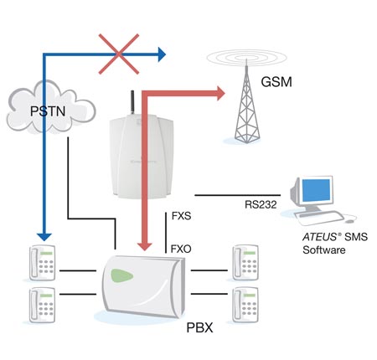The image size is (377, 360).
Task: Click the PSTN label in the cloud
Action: [x=48, y=111]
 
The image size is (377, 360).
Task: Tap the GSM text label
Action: [x=276, y=82]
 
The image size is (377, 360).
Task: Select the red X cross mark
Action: [x=119, y=54]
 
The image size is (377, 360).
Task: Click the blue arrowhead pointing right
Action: [x=162, y=54]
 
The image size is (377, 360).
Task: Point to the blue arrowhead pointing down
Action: [x=44, y=237]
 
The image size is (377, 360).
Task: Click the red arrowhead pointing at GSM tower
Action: [x=220, y=93]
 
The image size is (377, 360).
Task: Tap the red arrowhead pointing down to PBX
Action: [x=145, y=246]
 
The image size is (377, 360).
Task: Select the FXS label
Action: [x=181, y=216]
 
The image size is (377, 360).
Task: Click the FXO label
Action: [x=181, y=249]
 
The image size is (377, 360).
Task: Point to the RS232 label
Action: [x=261, y=204]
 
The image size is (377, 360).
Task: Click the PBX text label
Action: [x=199, y=327]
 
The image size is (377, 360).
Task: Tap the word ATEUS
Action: [x=320, y=237]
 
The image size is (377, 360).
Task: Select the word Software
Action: [x=324, y=249]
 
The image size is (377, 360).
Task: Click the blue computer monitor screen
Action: [x=317, y=190]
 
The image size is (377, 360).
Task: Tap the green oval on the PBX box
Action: [x=121, y=275]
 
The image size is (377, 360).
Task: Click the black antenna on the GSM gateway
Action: [x=133, y=102]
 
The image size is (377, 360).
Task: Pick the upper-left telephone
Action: [x=42, y=263]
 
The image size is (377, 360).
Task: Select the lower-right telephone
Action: [x=245, y=305]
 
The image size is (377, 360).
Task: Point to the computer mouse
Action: [x=349, y=221]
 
